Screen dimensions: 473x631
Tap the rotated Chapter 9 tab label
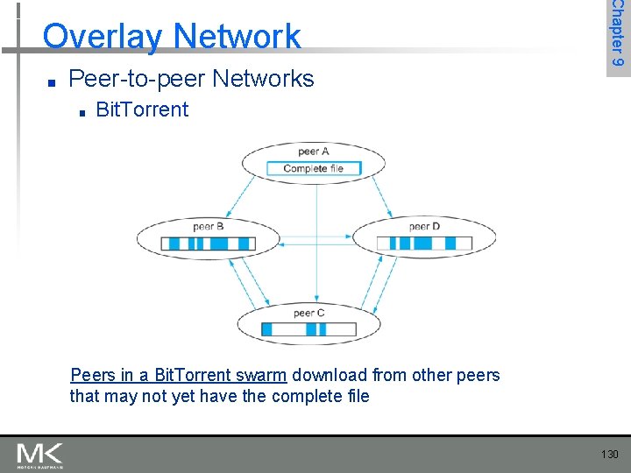pos(618,35)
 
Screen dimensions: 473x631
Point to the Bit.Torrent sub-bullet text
pos(141,109)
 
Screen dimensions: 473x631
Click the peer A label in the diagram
pos(313,152)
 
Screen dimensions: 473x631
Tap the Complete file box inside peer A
pos(313,168)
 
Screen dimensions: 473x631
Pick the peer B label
pos(208,226)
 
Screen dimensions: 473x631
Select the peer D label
pos(424,226)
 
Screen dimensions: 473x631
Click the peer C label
pos(308,313)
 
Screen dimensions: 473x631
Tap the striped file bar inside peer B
pos(208,243)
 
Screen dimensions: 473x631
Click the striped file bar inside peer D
pos(423,243)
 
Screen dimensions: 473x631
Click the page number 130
pos(610,454)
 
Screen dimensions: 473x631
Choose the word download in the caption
pos(330,376)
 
